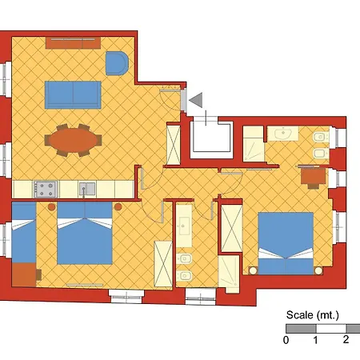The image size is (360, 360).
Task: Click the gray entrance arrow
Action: pyautogui.click(x=197, y=100)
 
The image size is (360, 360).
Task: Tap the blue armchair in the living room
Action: pyautogui.click(x=117, y=63)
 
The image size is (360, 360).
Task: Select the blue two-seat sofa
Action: pyautogui.click(x=73, y=94)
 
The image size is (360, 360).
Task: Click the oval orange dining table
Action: pyautogui.click(x=73, y=140)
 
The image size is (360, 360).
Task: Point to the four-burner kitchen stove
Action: pyautogui.click(x=46, y=189)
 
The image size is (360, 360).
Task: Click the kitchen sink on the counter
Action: pyautogui.click(x=87, y=189)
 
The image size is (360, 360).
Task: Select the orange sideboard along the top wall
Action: pyautogui.click(x=73, y=43)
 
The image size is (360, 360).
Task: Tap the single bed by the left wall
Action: pyautogui.click(x=24, y=232)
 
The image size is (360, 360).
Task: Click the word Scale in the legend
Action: pyautogui.click(x=299, y=315)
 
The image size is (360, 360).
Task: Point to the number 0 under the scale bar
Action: pyautogui.click(x=286, y=340)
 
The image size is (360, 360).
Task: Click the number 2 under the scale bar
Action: pyautogui.click(x=346, y=339)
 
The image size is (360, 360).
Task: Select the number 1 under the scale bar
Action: pyautogui.click(x=316, y=340)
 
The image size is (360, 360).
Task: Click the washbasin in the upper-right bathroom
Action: pyautogui.click(x=283, y=134)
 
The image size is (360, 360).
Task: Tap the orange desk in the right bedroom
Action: pyautogui.click(x=313, y=176)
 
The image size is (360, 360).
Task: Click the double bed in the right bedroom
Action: pyautogui.click(x=286, y=243)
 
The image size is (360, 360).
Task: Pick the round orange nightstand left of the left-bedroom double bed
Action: pyautogui.click(x=52, y=206)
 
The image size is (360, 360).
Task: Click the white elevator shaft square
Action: pyautogui.click(x=210, y=138)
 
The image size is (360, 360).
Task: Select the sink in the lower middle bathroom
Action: pyautogui.click(x=184, y=226)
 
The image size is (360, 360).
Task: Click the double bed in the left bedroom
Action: pyautogui.click(x=85, y=233)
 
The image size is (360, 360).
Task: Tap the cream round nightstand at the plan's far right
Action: pyautogui.click(x=318, y=270)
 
